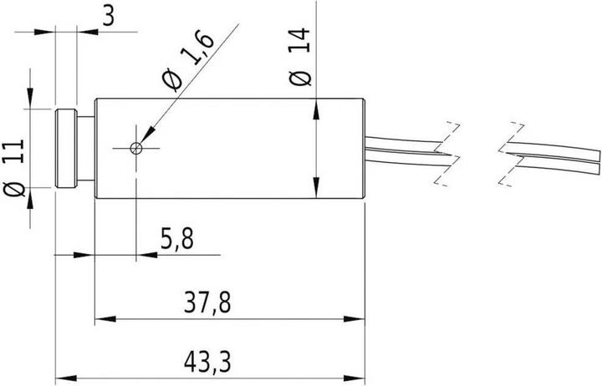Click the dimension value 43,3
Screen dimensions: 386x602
tap(208, 364)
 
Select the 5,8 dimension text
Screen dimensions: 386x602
tap(176, 241)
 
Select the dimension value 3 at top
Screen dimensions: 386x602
tap(106, 16)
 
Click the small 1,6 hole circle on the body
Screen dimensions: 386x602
tap(137, 149)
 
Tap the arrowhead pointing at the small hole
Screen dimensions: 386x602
tap(148, 135)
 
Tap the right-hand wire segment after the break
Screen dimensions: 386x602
tap(552, 154)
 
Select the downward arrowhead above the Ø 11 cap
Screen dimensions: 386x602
tap(32, 102)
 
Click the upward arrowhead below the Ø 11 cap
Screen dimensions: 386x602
tap(32, 196)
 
